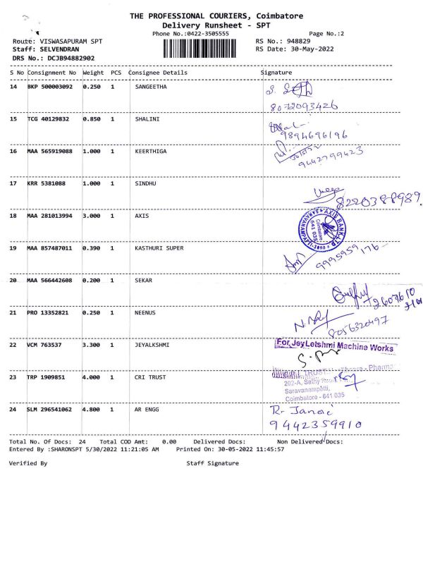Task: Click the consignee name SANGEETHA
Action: pos(150,87)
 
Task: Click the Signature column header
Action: pos(276,73)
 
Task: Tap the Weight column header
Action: pos(93,73)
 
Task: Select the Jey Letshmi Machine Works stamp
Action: pos(335,346)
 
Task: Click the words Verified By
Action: pos(28,463)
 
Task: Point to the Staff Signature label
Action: pos(212,463)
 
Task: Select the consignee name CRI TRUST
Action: pos(149,377)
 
